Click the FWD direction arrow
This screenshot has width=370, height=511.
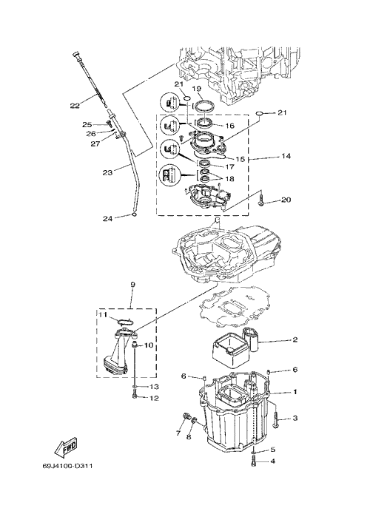[66, 446]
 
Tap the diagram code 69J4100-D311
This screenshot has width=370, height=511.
[67, 466]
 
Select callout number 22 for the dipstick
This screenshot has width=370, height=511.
[75, 106]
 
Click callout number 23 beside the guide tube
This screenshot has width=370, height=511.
[107, 172]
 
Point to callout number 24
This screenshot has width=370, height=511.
[107, 219]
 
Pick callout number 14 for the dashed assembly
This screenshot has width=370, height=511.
[286, 156]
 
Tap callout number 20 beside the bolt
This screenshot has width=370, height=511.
[286, 200]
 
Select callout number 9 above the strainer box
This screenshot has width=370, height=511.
[132, 285]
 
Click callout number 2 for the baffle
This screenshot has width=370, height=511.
[295, 340]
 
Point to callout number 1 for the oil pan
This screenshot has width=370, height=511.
[295, 392]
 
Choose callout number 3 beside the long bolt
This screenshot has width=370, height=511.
[295, 418]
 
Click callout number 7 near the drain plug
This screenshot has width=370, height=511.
[178, 433]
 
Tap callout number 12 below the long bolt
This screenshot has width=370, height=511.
[154, 399]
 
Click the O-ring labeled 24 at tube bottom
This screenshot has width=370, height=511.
[134, 214]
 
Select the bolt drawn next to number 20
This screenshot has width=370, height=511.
[262, 200]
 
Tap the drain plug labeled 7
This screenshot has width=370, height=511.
[186, 417]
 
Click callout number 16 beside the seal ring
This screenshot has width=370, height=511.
[229, 126]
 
